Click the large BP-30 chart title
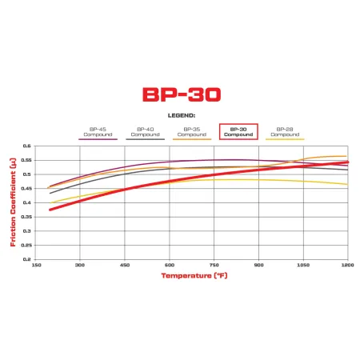click(180, 94)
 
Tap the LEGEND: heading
click(180, 115)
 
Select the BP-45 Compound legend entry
click(98, 132)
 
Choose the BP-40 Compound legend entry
click(145, 132)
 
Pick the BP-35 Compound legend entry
click(192, 132)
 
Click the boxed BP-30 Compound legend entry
click(238, 132)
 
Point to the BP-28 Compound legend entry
click(285, 132)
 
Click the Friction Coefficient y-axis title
click(14, 202)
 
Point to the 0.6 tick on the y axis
click(27, 146)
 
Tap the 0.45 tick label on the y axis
click(26, 189)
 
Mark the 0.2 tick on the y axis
click(27, 258)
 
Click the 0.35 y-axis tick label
click(26, 217)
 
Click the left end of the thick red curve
click(50, 210)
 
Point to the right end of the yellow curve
click(347, 184)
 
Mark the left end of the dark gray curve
click(50, 193)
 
